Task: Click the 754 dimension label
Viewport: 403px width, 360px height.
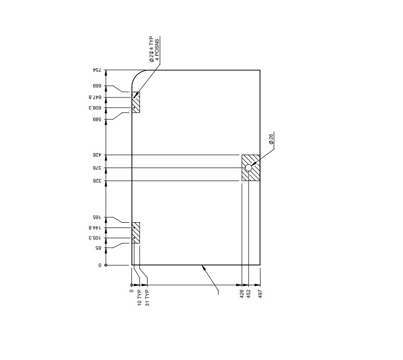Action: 98,71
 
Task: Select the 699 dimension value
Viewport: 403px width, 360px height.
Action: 99,86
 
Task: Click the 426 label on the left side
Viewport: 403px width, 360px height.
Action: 99,155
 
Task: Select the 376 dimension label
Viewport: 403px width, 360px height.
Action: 99,168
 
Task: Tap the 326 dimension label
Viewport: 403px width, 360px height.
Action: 99,181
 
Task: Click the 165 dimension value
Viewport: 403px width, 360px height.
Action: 99,218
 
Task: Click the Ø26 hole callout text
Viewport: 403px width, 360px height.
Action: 271,139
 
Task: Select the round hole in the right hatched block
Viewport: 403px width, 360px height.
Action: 249,168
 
